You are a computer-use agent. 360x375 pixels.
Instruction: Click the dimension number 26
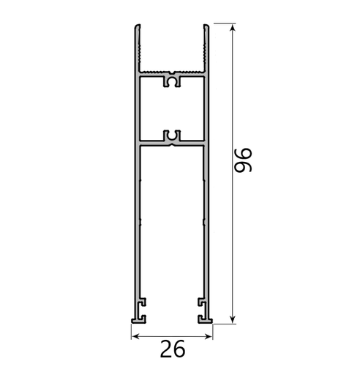[x=173, y=349]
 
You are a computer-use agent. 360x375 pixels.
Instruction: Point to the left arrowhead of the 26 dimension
[x=135, y=336]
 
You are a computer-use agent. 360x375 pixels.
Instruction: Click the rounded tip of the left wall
[x=137, y=28]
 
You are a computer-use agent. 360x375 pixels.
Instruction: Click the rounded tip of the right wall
[x=208, y=28]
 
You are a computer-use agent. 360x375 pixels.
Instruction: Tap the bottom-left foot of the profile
[x=138, y=319]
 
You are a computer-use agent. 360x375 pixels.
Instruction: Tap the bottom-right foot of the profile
[x=205, y=319]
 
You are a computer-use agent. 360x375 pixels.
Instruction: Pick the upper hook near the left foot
[x=143, y=302]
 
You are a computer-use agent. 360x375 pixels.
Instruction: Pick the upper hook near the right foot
[x=200, y=302]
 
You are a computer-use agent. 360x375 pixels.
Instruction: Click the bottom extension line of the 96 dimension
[x=222, y=322]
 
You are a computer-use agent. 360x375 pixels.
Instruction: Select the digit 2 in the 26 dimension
[x=166, y=349]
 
